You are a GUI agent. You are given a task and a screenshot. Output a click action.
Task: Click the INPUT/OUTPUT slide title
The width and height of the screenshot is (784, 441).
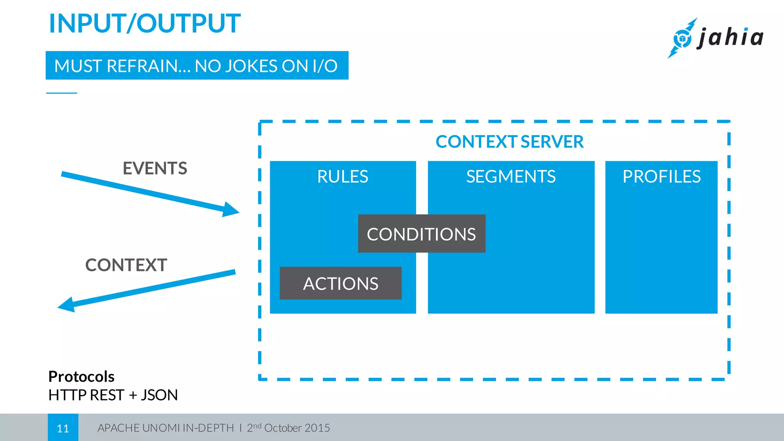click(145, 24)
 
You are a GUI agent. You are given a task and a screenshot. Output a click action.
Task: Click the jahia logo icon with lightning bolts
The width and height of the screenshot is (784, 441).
click(682, 38)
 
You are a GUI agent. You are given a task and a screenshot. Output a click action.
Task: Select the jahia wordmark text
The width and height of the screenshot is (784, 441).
click(731, 38)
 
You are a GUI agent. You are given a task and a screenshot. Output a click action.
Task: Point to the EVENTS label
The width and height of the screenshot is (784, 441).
click(155, 168)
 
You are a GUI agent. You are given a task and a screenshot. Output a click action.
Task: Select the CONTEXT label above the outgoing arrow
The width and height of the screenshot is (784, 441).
click(126, 265)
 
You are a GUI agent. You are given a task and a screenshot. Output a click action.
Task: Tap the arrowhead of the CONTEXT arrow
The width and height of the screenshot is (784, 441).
click(66, 305)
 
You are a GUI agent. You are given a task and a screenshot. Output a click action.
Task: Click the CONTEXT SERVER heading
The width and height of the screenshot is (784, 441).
click(510, 142)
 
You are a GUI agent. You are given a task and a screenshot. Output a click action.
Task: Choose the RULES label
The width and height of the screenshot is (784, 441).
click(343, 177)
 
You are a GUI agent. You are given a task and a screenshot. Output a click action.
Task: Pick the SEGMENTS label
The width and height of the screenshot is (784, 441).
click(511, 177)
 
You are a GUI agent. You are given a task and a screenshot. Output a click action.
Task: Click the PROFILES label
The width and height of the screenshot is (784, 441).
click(661, 177)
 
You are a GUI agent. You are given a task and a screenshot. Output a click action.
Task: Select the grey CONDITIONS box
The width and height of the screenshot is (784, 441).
click(421, 234)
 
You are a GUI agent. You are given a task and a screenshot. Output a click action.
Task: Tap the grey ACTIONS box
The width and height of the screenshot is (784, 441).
click(340, 284)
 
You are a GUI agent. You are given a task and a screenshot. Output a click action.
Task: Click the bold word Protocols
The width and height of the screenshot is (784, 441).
click(81, 377)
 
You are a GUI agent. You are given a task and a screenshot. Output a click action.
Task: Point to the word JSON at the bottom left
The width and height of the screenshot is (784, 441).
click(159, 395)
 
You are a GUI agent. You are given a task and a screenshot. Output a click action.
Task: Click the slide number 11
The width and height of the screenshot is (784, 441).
click(63, 428)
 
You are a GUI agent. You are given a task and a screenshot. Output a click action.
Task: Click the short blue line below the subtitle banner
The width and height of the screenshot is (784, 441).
click(62, 93)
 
